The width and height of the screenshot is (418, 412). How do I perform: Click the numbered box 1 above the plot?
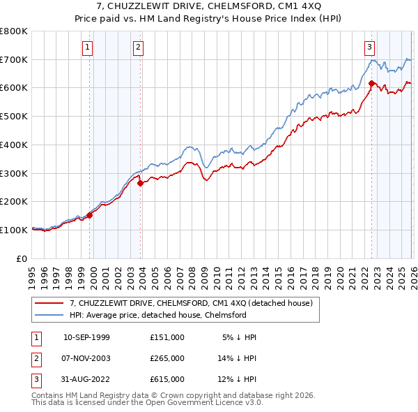87,47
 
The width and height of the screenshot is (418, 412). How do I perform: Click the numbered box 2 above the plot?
138,47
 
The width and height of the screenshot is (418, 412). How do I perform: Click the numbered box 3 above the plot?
369,47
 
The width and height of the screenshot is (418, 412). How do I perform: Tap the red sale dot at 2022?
371,84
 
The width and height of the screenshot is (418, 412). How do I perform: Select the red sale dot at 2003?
141,184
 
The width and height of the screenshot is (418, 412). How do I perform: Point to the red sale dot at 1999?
90,216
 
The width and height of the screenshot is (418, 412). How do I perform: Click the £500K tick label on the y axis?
13,117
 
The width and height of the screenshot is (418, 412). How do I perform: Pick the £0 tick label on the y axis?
22,258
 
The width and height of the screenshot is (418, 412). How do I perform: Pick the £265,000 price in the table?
167,358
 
